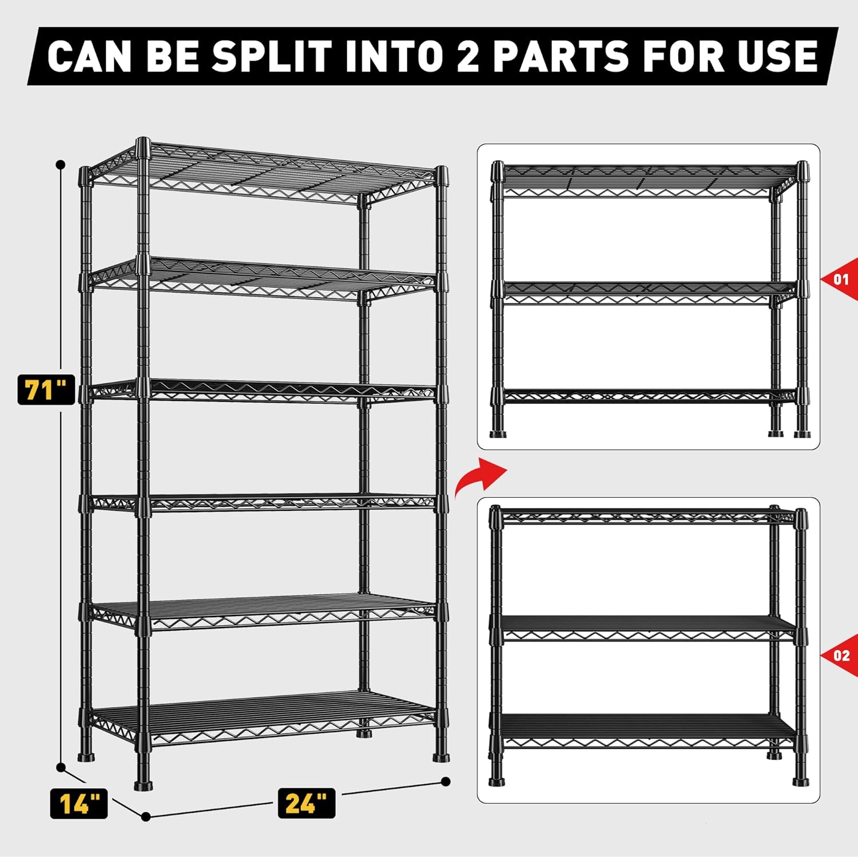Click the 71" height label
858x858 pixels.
tap(46, 390)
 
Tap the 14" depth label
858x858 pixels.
tap(79, 803)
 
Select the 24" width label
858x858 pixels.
tap(307, 803)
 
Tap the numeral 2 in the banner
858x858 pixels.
tap(468, 56)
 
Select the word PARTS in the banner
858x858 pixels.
tap(561, 56)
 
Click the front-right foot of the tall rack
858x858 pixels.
tap(440, 757)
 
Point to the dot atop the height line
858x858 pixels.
tap(61, 165)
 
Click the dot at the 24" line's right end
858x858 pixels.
tap(446, 781)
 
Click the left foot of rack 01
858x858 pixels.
tap(498, 433)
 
